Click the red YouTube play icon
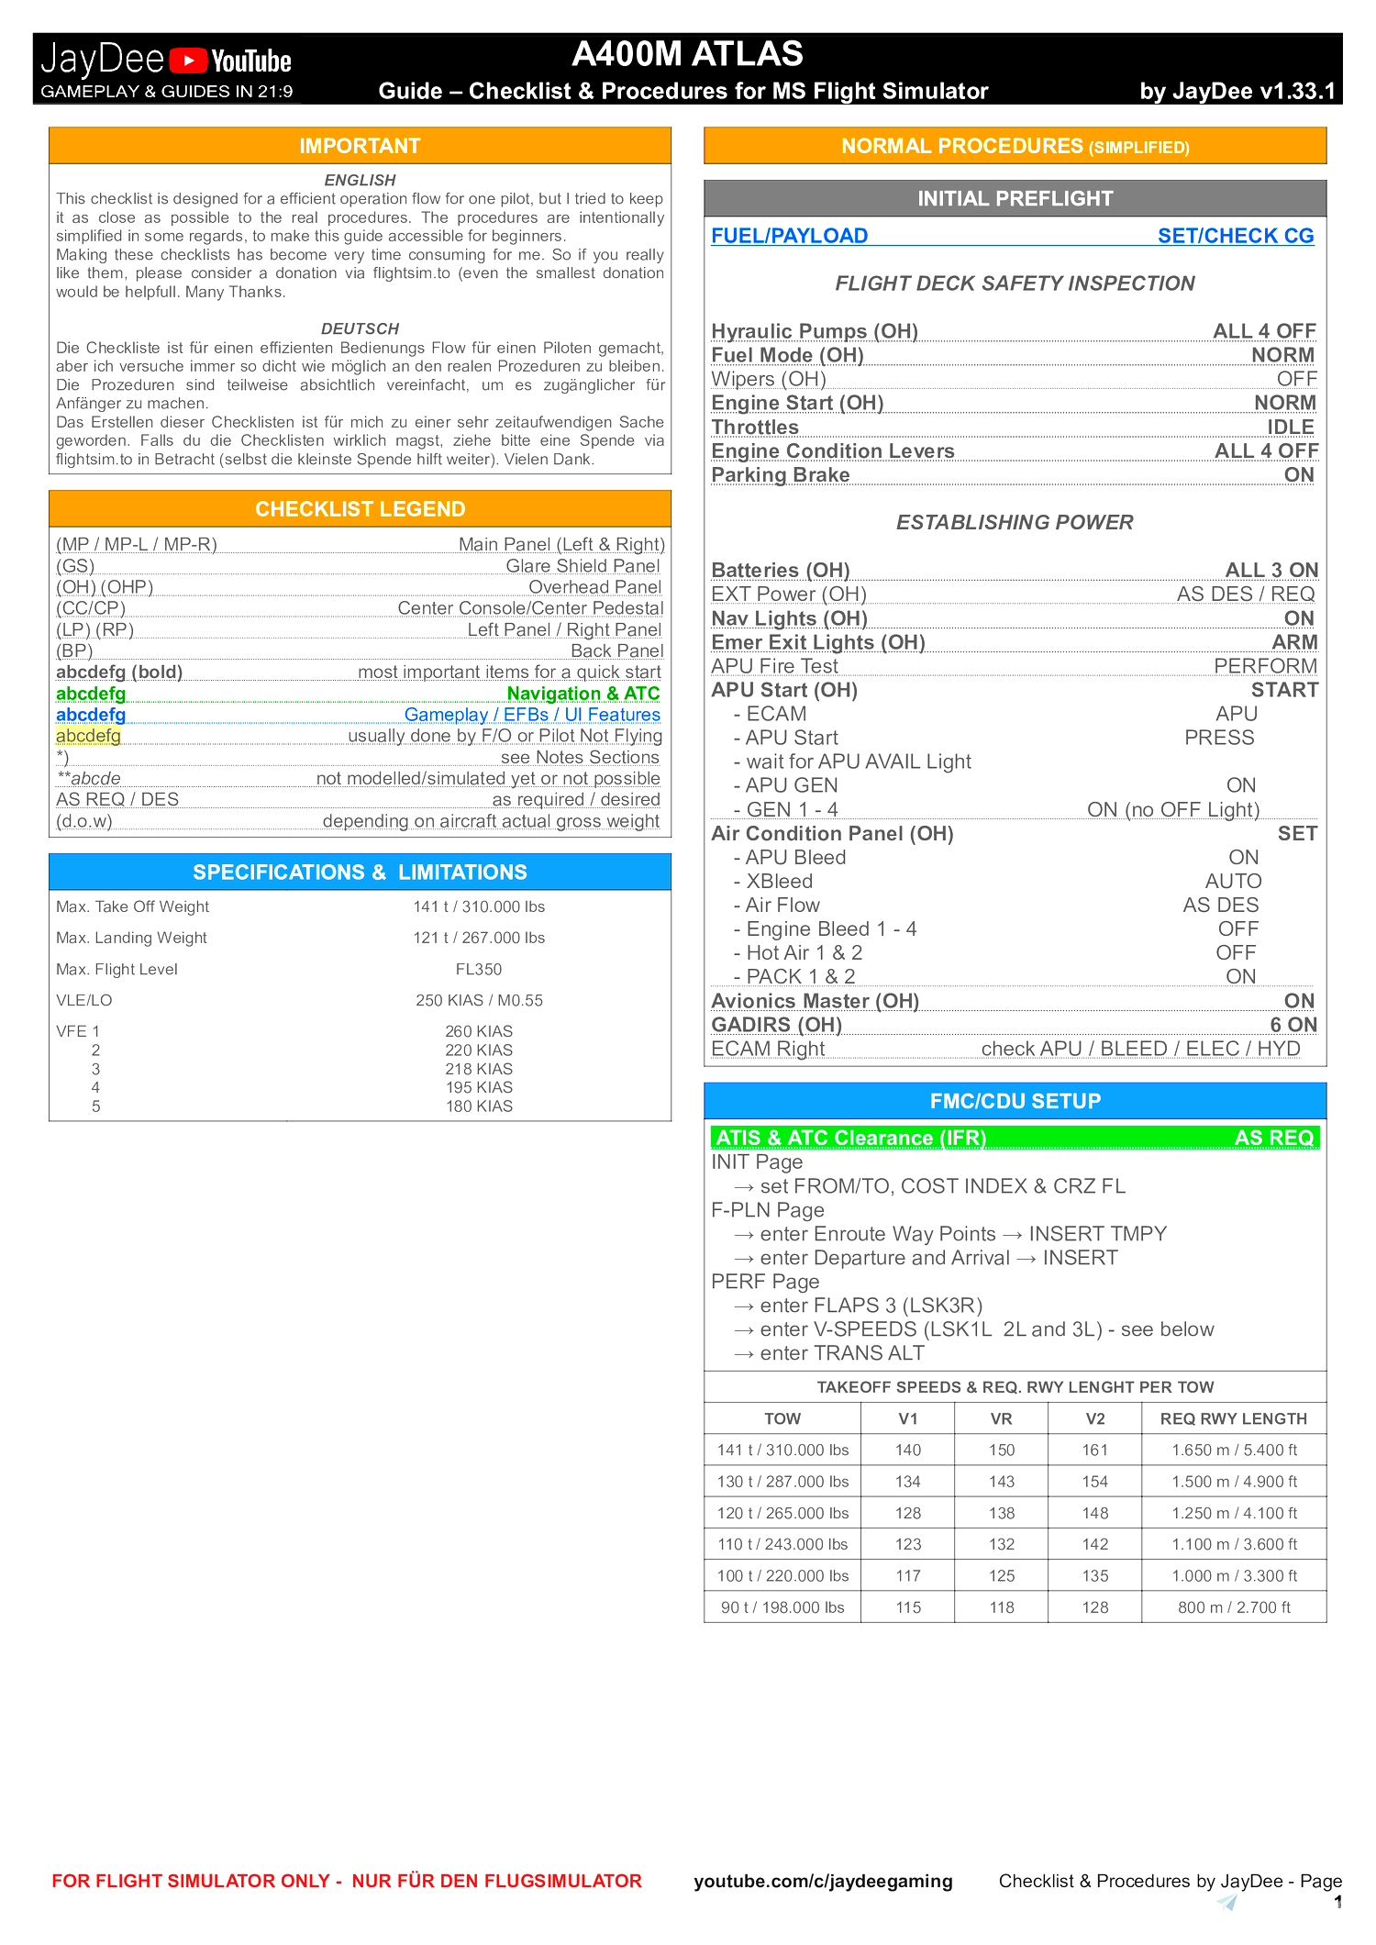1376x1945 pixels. [189, 61]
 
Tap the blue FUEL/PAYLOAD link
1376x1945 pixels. [789, 236]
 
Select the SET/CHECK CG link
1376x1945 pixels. [1235, 236]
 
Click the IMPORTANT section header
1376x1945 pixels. [360, 146]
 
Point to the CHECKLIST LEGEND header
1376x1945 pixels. [360, 509]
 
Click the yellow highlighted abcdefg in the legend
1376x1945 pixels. [88, 736]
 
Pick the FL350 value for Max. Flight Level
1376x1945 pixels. [479, 969]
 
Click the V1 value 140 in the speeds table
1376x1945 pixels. [908, 1450]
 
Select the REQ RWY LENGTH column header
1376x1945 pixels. [1233, 1418]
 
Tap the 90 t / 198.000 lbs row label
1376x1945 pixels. [782, 1607]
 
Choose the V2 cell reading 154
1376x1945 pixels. [1094, 1482]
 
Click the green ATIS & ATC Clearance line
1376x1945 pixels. [1015, 1138]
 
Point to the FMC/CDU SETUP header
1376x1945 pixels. [1015, 1101]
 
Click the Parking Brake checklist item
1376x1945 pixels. [781, 475]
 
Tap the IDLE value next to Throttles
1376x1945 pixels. [1290, 428]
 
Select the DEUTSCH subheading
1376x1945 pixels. [360, 328]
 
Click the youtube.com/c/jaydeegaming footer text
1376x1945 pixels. [823, 1881]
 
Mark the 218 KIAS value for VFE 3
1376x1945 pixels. [479, 1069]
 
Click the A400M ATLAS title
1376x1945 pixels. [687, 54]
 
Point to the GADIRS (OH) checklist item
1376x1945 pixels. [776, 1025]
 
